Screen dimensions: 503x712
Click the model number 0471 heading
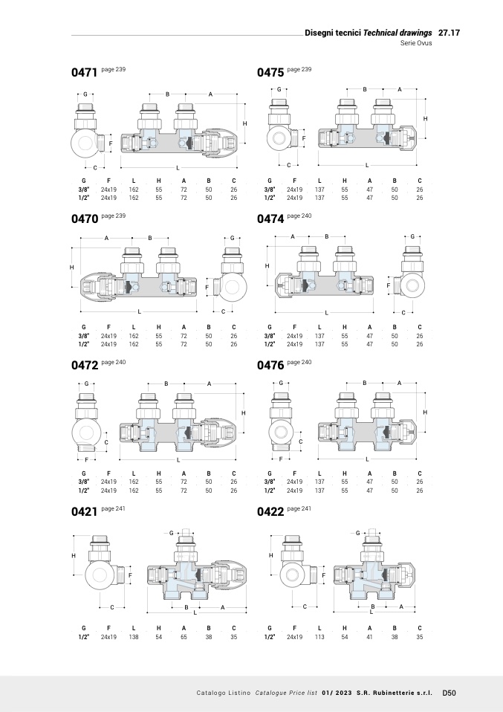85,73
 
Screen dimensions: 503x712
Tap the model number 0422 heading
270,512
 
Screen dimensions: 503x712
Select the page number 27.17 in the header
449,33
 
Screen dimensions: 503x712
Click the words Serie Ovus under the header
416,43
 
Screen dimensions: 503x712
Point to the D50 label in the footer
449,693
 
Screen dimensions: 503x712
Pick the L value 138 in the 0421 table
134,637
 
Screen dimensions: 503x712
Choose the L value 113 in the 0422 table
319,637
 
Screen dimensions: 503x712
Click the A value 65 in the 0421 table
184,637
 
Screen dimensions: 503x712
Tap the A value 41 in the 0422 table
369,637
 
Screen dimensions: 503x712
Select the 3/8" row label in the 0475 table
270,190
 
